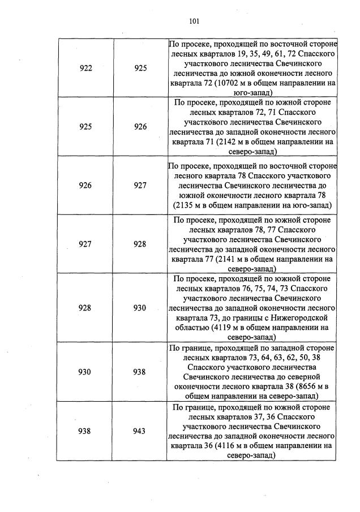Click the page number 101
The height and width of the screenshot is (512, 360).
click(x=194, y=21)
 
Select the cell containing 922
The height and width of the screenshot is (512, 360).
click(x=86, y=68)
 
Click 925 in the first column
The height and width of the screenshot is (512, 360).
click(x=86, y=127)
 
